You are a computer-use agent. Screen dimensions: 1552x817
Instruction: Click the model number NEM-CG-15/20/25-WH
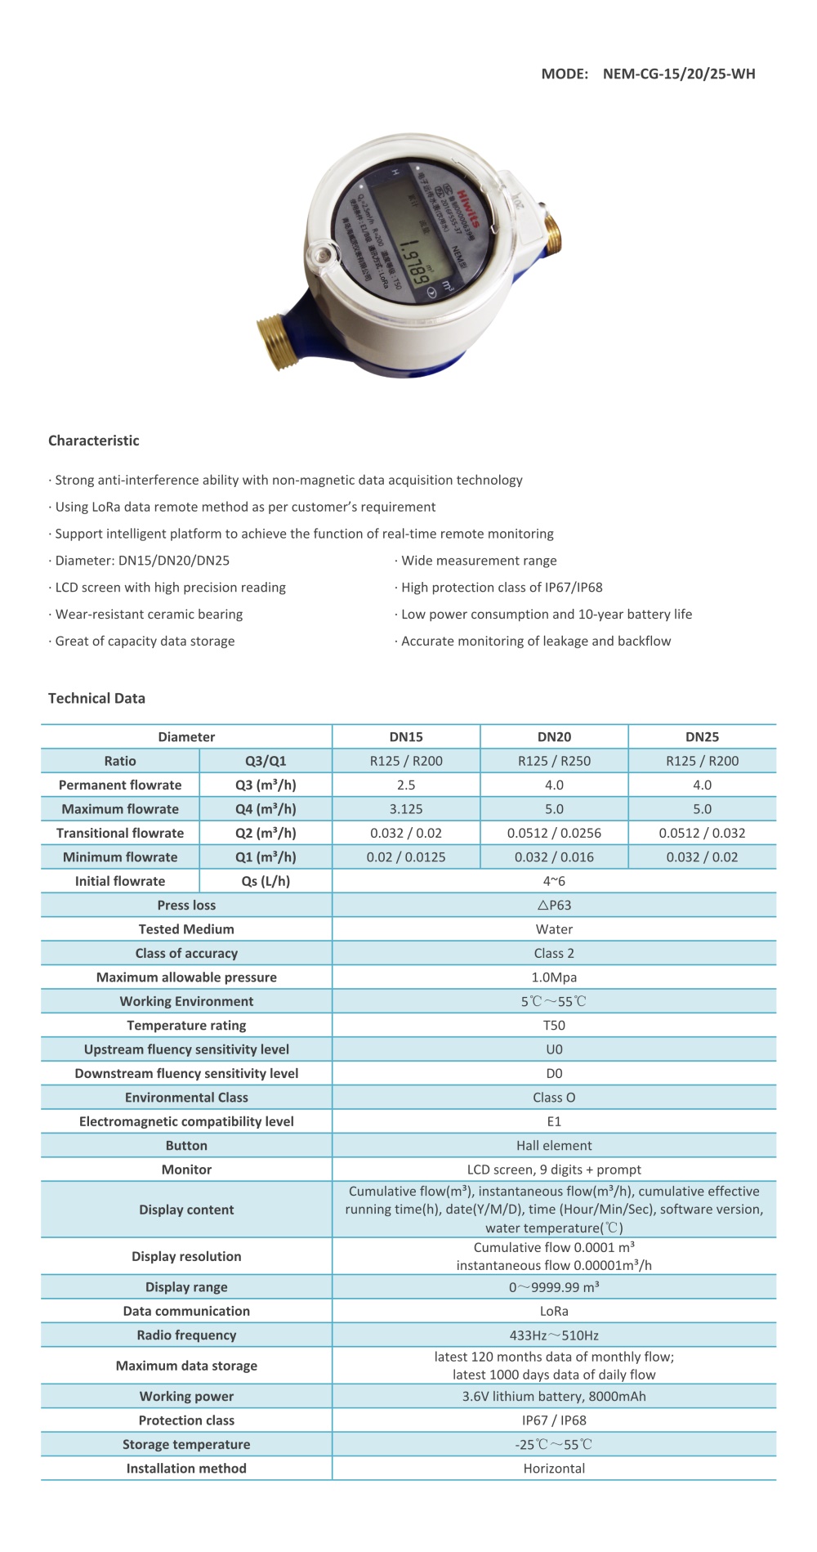coord(679,74)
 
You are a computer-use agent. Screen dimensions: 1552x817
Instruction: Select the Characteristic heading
coord(94,441)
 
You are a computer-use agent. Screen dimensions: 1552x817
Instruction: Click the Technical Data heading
coord(96,698)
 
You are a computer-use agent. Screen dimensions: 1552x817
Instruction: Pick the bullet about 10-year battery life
coord(546,614)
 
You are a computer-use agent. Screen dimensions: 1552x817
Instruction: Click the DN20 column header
coord(554,736)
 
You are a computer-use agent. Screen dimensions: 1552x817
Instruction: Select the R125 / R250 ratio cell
coord(554,761)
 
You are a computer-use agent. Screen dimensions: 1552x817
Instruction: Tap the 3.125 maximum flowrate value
coord(406,809)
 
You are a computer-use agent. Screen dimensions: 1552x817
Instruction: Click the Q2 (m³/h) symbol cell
coord(266,833)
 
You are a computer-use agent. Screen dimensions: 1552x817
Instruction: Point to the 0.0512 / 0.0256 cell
coord(554,833)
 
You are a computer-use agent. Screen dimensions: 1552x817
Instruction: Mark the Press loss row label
coord(186,905)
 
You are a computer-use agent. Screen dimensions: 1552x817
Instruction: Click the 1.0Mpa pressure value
coord(554,977)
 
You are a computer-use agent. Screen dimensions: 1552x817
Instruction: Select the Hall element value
coord(554,1146)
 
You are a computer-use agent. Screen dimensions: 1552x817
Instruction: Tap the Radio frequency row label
coord(186,1335)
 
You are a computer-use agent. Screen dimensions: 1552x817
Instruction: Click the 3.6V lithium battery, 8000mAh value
coord(554,1397)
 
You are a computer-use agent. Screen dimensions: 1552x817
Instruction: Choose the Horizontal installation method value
coord(554,1469)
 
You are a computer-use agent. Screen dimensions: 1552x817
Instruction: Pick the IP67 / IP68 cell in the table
coord(554,1420)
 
